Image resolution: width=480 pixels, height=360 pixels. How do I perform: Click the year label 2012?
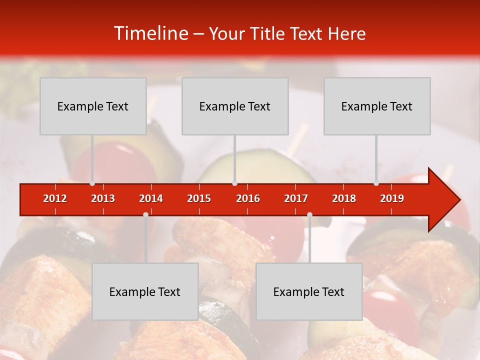tap(55, 198)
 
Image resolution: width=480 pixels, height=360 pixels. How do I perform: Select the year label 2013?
tap(103, 198)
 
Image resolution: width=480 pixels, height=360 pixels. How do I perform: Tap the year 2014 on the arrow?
tap(151, 198)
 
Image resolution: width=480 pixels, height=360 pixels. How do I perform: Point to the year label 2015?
tap(199, 198)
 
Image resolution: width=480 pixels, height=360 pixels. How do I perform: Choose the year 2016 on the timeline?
tap(248, 198)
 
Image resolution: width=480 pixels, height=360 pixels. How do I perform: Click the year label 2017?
tap(296, 198)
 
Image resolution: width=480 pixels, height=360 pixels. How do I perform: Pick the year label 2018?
tap(344, 198)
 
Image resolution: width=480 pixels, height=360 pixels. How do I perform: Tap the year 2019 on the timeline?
tap(392, 198)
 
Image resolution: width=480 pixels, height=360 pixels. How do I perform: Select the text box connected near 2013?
tap(93, 106)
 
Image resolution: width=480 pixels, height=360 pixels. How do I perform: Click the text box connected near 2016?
tap(235, 106)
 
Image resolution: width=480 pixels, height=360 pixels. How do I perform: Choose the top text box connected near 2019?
tap(377, 106)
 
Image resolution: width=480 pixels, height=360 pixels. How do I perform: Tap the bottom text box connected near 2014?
tap(145, 291)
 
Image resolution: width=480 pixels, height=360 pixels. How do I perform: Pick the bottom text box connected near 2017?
tap(309, 291)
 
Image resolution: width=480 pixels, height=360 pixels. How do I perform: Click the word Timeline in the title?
tap(150, 33)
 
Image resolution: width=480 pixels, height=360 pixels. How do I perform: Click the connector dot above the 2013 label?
tap(92, 183)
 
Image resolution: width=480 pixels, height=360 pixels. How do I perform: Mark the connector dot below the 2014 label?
tap(145, 214)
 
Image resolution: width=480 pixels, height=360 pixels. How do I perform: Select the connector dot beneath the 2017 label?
tap(309, 214)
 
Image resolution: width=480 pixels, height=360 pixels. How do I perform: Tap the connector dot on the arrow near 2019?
tap(376, 183)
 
